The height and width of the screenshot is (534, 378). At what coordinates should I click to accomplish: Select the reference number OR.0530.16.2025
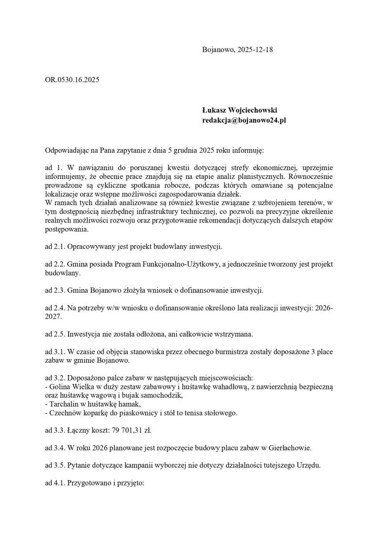pos(72,80)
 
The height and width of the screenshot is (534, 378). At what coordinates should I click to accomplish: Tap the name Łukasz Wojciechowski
pos(240,110)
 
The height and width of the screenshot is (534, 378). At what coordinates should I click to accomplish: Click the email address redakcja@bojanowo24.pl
pos(244,120)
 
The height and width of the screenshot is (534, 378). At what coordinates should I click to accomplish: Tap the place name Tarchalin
pos(63,404)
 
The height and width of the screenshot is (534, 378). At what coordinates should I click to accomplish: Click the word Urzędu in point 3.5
pos(307,465)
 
